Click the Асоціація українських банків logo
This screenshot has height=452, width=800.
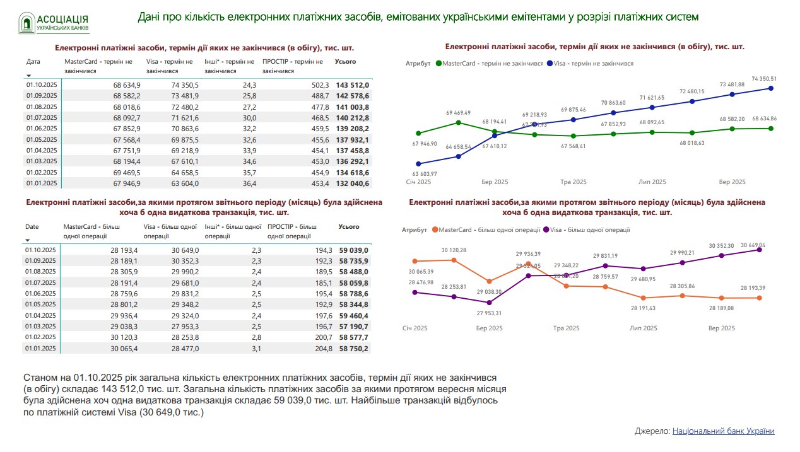(x=53, y=23)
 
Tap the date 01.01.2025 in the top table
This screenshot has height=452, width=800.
(x=42, y=183)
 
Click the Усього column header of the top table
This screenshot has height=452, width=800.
(x=345, y=62)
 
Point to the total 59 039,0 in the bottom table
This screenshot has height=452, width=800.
(x=353, y=250)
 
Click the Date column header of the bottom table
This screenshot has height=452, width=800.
(x=32, y=226)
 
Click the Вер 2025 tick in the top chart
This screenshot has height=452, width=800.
(x=732, y=182)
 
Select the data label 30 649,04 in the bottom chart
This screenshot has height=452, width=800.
(x=751, y=245)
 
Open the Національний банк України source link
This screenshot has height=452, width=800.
(x=723, y=431)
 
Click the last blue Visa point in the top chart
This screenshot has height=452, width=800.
(x=770, y=88)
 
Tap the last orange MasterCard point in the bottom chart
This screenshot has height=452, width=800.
(x=759, y=298)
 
